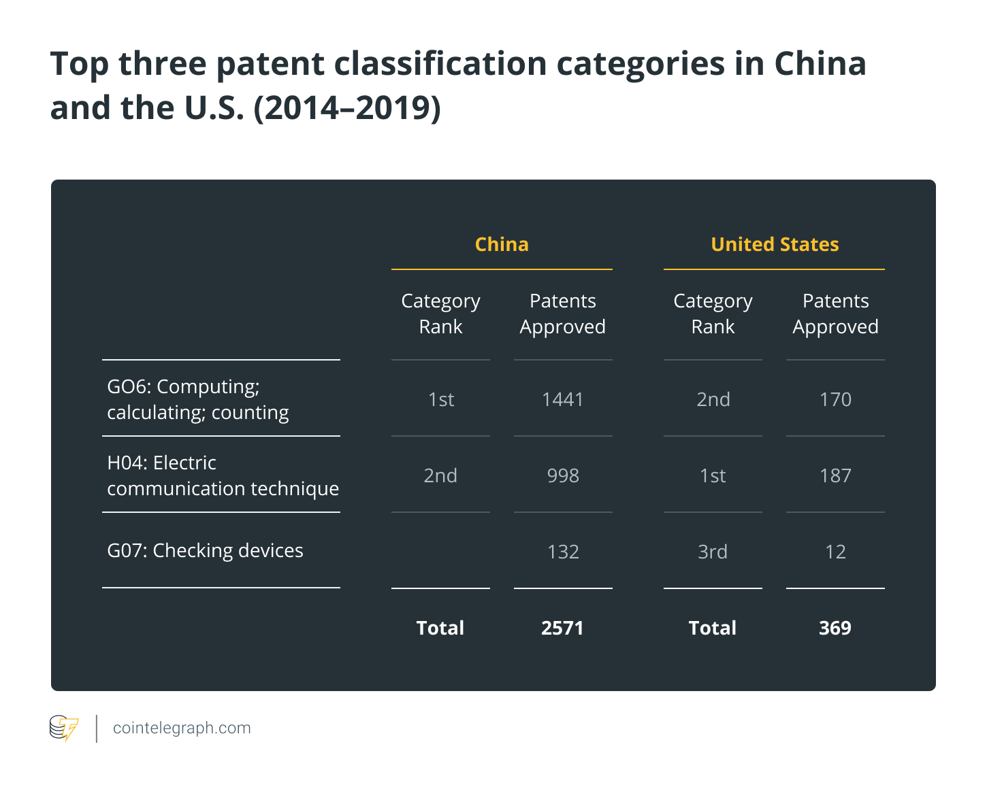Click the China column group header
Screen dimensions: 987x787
(x=501, y=244)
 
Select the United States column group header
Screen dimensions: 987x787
(x=775, y=244)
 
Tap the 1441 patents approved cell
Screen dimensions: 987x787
(x=563, y=399)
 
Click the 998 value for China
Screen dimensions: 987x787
(x=563, y=475)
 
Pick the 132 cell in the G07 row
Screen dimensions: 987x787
(x=563, y=552)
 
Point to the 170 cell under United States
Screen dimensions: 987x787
(x=835, y=399)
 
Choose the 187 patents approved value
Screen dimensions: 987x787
(x=835, y=475)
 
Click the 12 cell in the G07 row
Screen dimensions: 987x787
(x=835, y=552)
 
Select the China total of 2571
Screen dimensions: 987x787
(x=562, y=628)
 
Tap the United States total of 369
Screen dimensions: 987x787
(x=835, y=628)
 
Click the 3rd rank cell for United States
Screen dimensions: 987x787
(x=712, y=552)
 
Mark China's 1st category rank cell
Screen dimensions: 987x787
(x=441, y=399)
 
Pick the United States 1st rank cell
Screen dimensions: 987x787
(x=712, y=475)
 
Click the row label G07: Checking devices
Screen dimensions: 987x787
(x=205, y=550)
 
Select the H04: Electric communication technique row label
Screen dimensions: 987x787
(x=223, y=475)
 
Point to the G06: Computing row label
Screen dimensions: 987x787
(x=197, y=399)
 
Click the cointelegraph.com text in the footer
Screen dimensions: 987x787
(x=182, y=728)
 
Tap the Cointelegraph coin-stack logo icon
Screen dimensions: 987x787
(x=64, y=728)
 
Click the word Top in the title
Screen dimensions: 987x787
(x=80, y=64)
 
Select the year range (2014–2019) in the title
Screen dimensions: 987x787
(x=347, y=108)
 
